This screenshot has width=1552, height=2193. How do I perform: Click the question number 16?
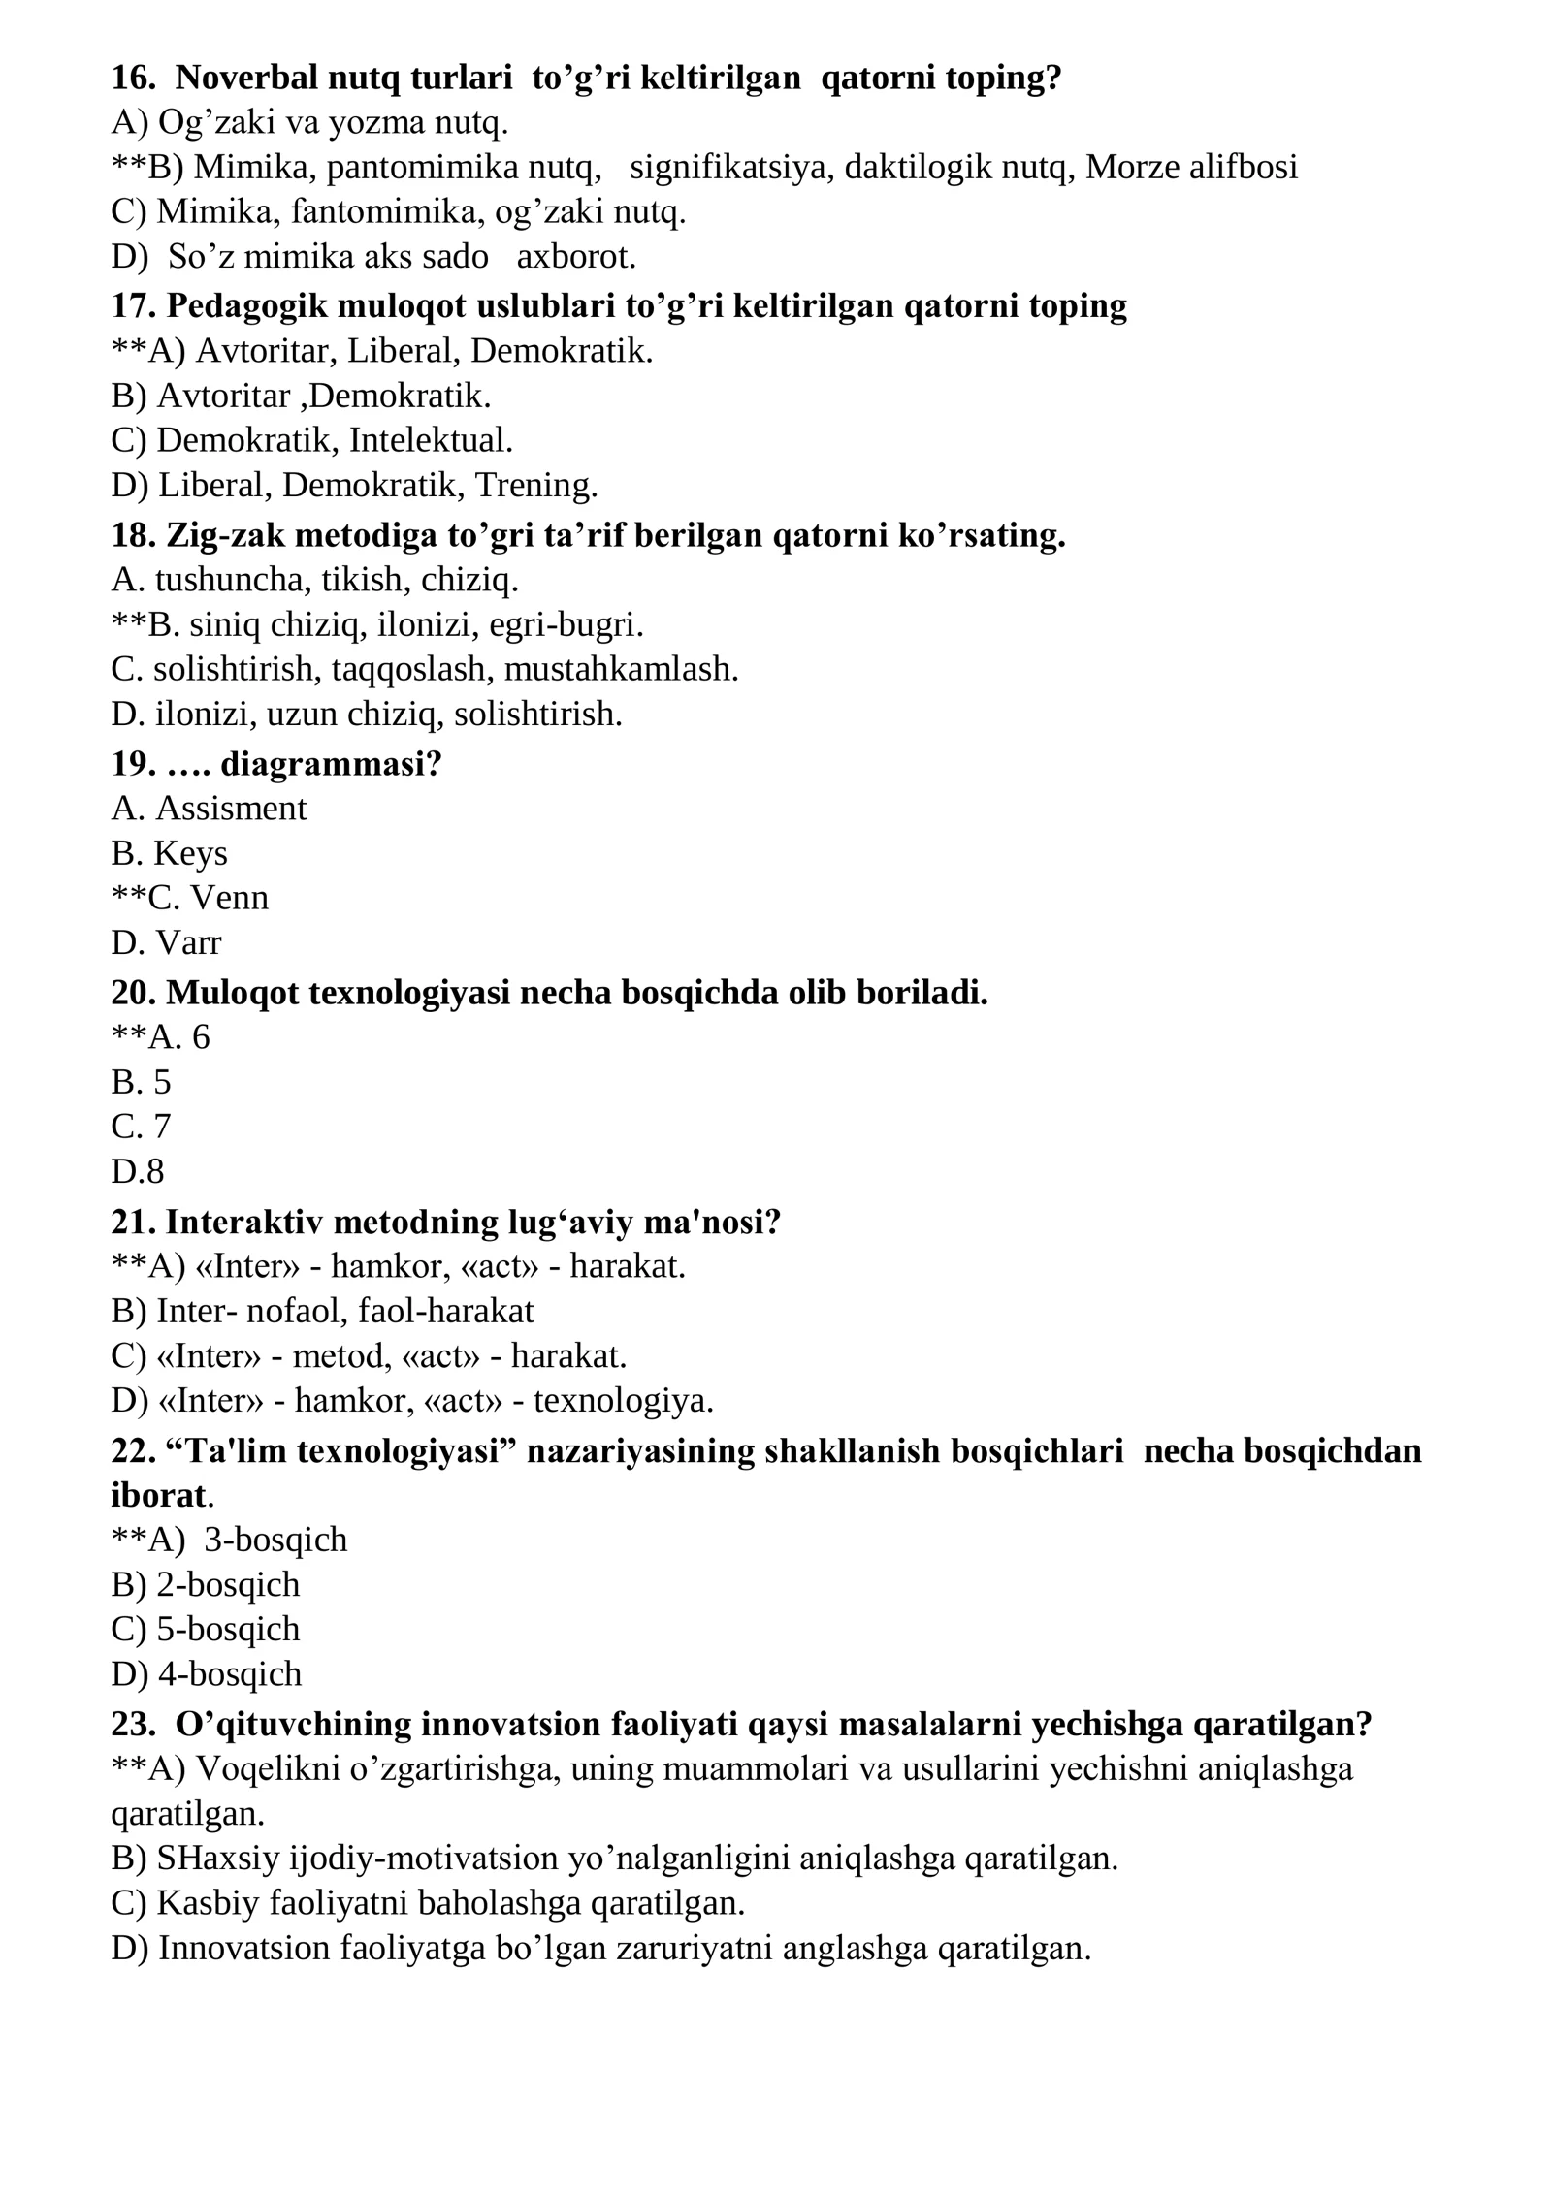point(133,78)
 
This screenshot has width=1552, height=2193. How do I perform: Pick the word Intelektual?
point(431,441)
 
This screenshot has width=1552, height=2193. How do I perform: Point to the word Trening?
point(535,486)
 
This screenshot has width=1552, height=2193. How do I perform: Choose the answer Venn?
point(230,899)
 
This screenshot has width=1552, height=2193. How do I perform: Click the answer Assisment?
point(231,809)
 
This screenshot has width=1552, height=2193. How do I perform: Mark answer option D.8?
point(138,1172)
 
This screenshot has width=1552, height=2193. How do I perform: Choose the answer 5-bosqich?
point(228,1630)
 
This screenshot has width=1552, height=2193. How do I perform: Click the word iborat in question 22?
point(159,1496)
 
